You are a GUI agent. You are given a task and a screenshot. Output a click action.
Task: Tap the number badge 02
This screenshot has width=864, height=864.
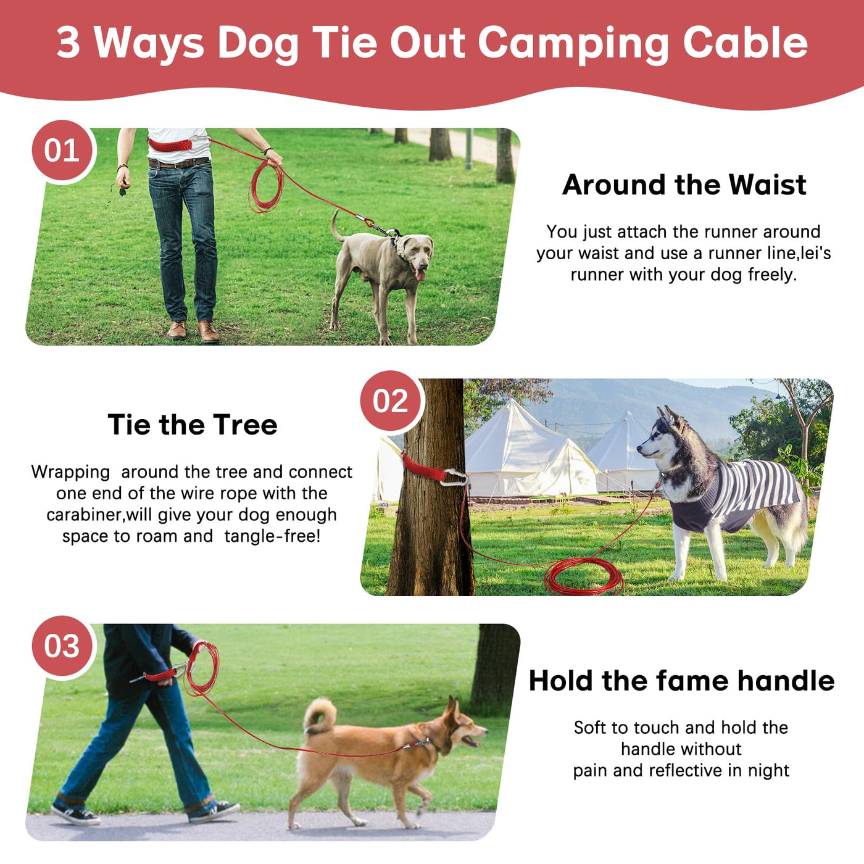(x=391, y=401)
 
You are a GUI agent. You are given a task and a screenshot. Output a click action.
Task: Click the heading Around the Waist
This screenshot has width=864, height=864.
(x=684, y=185)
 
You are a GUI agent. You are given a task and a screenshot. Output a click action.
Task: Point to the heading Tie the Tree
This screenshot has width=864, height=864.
(x=193, y=424)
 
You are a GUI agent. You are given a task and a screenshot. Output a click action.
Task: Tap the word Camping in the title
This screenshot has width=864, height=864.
(x=574, y=43)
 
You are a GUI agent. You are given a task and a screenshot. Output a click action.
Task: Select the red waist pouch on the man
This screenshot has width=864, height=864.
(x=170, y=144)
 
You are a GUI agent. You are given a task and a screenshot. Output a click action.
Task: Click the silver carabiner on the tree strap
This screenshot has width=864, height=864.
(x=454, y=478)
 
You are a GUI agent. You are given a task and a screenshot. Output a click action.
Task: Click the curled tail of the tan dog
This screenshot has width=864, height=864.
(x=319, y=716)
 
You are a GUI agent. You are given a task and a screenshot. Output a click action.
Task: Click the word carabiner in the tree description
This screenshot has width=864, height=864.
(x=84, y=515)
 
